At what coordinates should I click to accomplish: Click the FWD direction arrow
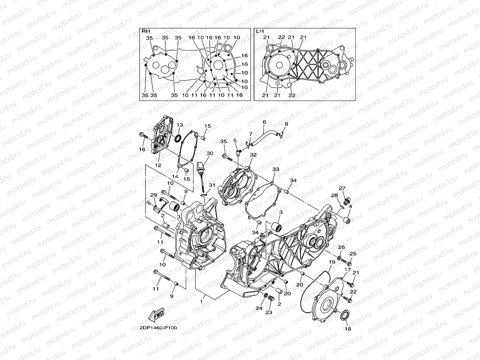(156, 315)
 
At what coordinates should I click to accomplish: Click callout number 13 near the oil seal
(179, 125)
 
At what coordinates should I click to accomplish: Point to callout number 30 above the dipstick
(209, 153)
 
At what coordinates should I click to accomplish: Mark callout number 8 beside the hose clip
(286, 124)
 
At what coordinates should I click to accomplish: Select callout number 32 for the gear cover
(253, 155)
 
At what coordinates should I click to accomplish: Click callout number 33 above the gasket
(276, 170)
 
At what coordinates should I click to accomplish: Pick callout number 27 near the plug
(342, 188)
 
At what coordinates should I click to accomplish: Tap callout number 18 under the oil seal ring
(348, 328)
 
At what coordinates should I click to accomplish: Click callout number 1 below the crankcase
(201, 302)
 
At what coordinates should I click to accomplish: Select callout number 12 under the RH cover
(158, 165)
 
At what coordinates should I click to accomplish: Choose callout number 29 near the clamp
(154, 195)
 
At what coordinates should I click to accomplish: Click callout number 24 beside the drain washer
(258, 308)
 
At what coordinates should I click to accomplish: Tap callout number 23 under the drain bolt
(269, 312)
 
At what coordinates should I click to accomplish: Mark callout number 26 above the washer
(342, 248)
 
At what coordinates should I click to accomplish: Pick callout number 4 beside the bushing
(350, 205)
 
